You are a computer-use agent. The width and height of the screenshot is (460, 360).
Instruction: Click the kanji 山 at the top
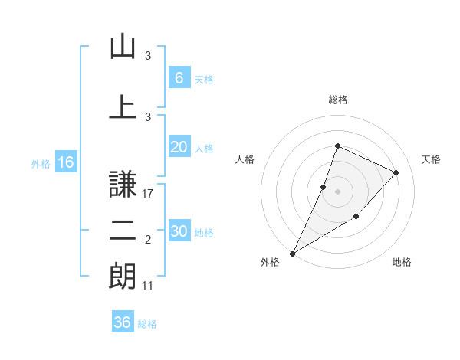(x=123, y=46)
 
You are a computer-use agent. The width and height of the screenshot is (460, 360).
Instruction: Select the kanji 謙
(x=123, y=184)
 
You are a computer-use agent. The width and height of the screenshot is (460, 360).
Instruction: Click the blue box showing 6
(x=179, y=77)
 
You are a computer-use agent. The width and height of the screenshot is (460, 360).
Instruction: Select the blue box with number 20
(x=179, y=148)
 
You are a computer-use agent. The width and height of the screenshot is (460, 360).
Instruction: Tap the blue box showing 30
(x=179, y=232)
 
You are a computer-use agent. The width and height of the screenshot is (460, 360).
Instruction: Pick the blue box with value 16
(x=65, y=162)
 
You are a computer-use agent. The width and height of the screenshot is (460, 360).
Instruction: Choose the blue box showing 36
(x=122, y=322)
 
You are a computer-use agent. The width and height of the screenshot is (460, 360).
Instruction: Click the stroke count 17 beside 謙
(x=149, y=194)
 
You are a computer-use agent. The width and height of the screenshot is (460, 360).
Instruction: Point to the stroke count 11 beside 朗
(x=149, y=286)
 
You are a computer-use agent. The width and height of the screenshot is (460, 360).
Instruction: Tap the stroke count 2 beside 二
(x=149, y=241)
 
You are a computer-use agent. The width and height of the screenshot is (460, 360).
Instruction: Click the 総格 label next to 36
(x=147, y=324)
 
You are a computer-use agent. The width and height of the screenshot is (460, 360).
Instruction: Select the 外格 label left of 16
(x=41, y=163)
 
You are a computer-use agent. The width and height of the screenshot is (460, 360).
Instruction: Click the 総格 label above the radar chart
(x=338, y=100)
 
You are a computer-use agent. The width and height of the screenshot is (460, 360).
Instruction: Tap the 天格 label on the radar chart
(x=431, y=159)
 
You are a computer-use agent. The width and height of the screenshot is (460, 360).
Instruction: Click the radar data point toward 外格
(x=292, y=253)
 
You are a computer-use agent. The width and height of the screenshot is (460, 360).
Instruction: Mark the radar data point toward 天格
(x=396, y=172)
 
